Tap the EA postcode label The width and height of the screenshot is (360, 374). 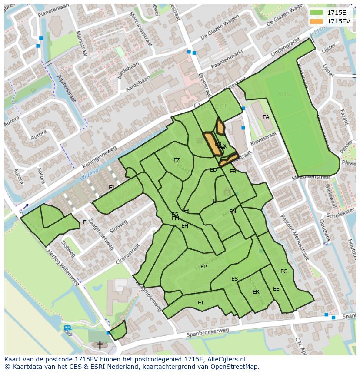tap(266, 117)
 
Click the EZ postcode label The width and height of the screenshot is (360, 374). tap(177, 160)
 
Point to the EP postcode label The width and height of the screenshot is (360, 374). tap(203, 267)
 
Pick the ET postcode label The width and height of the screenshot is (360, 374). tap(201, 302)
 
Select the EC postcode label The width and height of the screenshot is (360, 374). tap(284, 271)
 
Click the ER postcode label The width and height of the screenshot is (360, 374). tap(256, 292)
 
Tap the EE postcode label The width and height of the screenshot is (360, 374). tap(276, 289)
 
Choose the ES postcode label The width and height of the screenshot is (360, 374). tap(234, 279)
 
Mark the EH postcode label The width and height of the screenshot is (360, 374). tap(185, 226)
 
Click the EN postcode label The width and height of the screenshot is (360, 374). tap(233, 212)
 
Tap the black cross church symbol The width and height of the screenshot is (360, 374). tap(100, 345)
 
